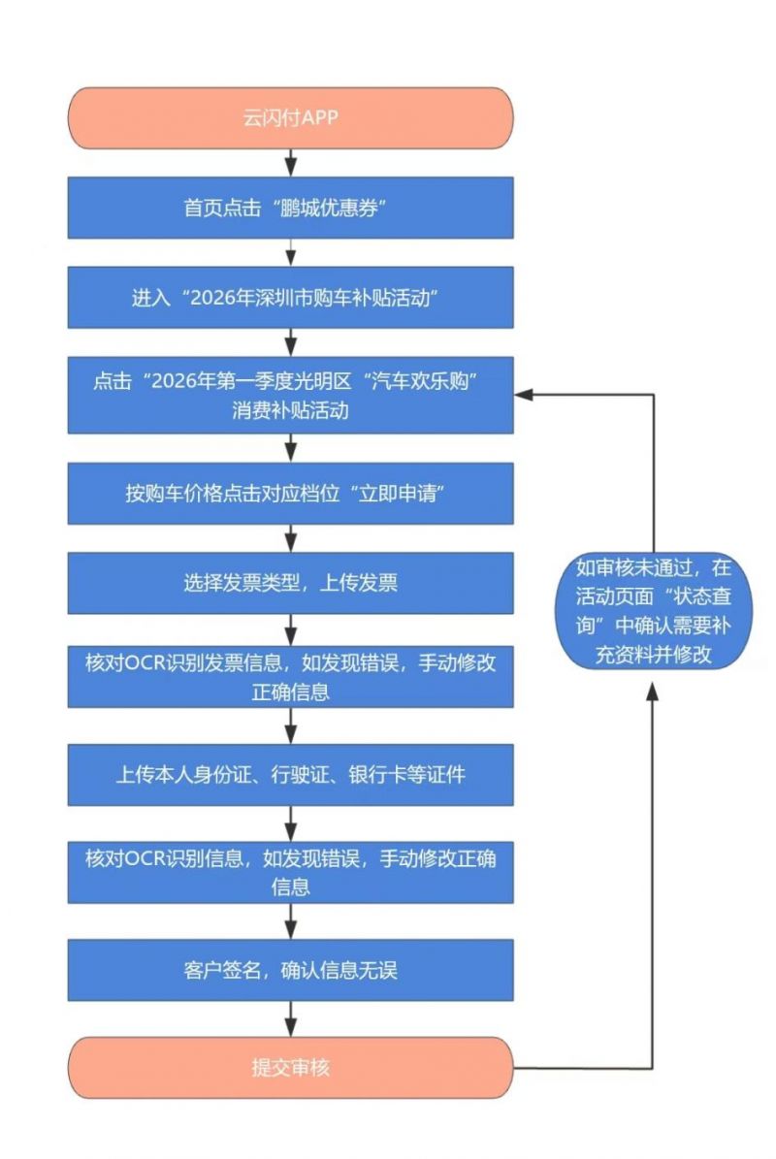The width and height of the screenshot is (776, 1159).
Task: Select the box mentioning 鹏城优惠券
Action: click(x=289, y=208)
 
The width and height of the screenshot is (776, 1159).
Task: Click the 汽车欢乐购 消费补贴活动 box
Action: click(x=289, y=396)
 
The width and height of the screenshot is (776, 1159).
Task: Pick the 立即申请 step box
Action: click(x=289, y=492)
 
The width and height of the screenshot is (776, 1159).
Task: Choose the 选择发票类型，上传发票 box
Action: click(x=289, y=583)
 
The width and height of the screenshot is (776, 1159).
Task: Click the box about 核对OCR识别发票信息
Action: click(x=289, y=678)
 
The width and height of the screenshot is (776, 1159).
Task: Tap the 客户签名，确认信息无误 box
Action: click(x=289, y=969)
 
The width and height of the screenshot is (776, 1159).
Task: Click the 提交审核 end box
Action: click(x=289, y=1068)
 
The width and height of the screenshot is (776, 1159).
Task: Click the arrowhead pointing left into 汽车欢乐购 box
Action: click(x=521, y=395)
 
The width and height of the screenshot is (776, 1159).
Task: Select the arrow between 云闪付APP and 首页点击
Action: click(x=290, y=162)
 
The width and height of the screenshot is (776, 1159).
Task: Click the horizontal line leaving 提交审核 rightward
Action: click(x=582, y=1068)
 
